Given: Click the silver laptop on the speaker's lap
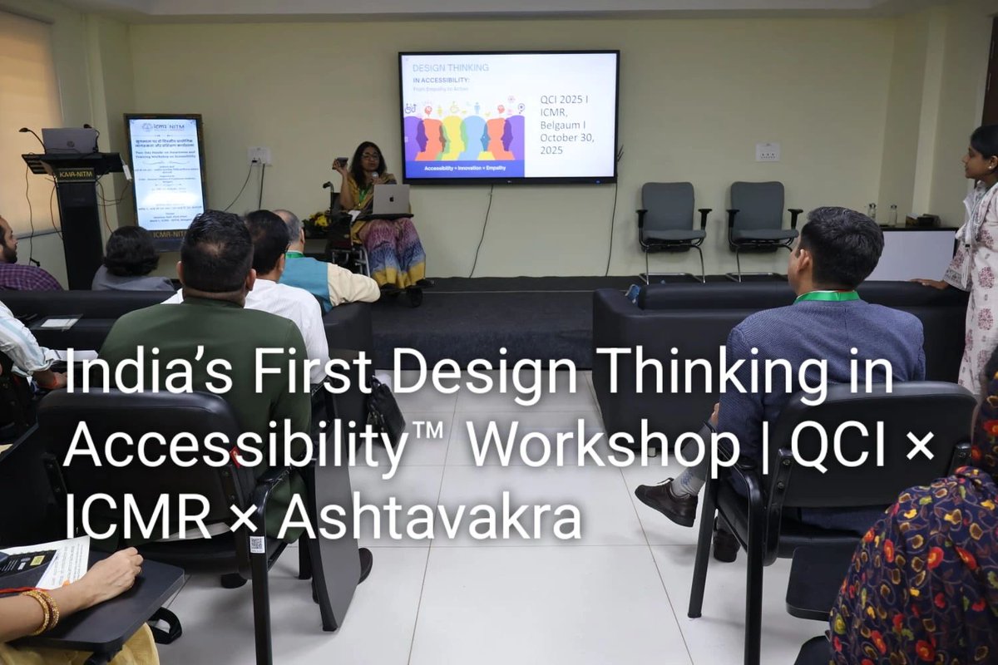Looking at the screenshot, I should [390, 199].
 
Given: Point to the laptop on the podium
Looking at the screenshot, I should [69, 140].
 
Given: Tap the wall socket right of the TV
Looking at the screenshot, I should [767, 151].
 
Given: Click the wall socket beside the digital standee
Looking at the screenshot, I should [259, 155].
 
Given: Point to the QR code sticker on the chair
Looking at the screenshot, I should [257, 544].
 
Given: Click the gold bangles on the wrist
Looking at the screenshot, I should [42, 609].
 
